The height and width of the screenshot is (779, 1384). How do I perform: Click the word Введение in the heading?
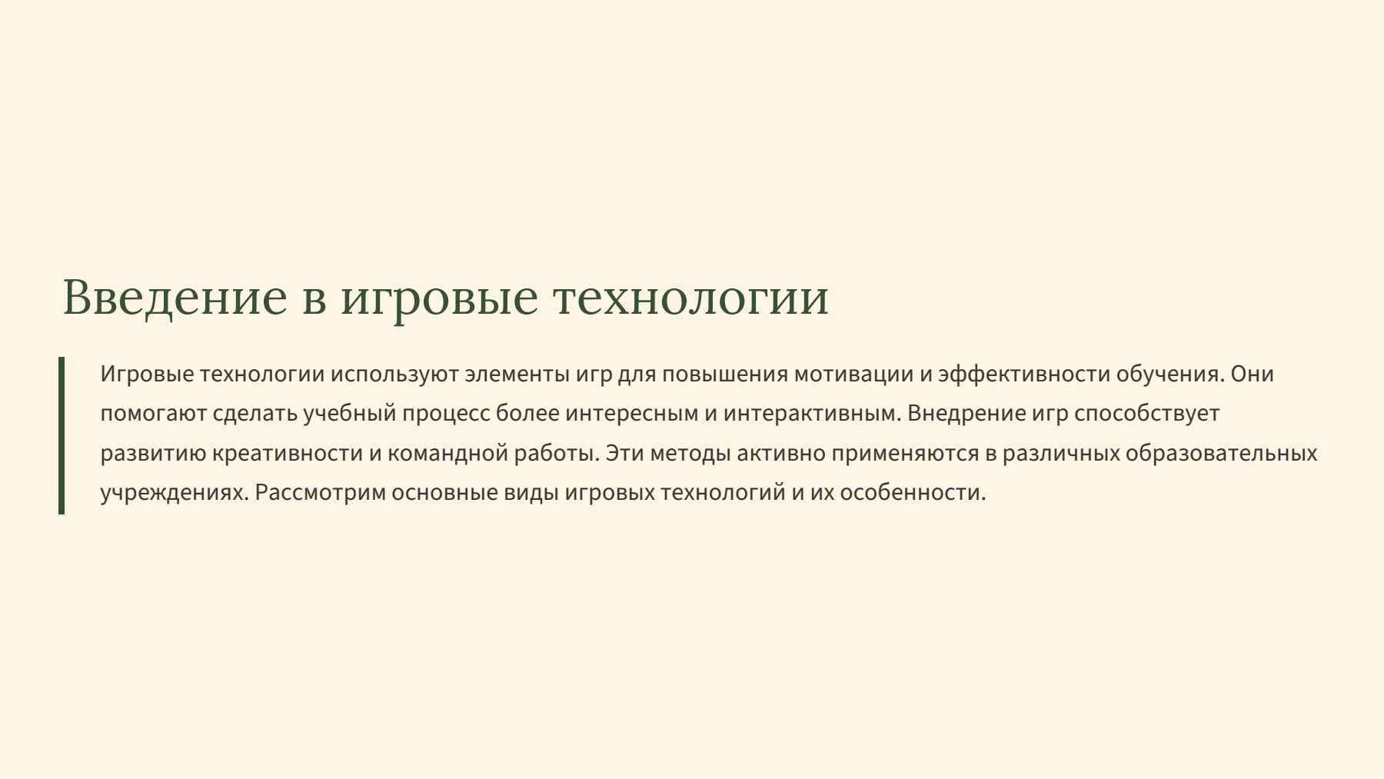click(x=175, y=298)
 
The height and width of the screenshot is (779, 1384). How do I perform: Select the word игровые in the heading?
click(x=439, y=298)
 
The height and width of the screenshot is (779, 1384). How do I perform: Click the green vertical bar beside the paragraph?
click(x=62, y=435)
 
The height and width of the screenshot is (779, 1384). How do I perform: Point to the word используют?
click(x=394, y=375)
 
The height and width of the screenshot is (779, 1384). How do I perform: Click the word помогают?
click(x=153, y=414)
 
